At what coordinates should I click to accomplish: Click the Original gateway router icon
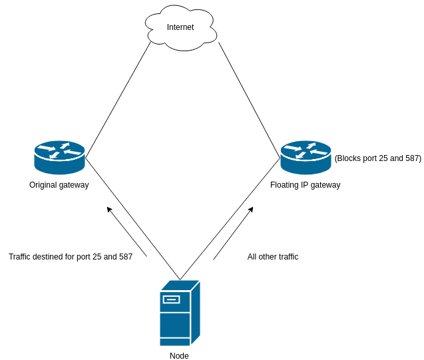click(59, 158)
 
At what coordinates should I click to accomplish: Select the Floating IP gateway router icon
click(306, 158)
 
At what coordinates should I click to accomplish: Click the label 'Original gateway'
click(59, 185)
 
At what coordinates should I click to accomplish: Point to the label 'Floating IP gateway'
click(305, 185)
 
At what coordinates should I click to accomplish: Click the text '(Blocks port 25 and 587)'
click(377, 158)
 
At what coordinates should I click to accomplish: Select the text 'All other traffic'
click(273, 257)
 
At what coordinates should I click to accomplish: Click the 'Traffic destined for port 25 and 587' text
click(71, 257)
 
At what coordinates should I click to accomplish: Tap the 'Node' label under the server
click(179, 356)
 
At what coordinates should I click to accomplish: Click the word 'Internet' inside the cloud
click(180, 27)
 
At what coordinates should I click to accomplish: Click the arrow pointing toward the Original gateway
click(126, 232)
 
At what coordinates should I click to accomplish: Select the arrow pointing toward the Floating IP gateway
click(233, 233)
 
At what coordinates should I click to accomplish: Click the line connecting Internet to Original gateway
click(118, 100)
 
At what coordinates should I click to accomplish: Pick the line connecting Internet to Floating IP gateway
click(249, 100)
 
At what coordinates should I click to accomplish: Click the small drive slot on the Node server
click(171, 299)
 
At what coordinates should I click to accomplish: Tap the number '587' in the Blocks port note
click(411, 158)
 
